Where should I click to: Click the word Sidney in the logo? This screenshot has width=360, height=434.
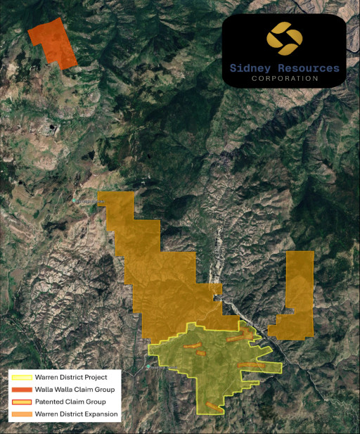click(250, 68)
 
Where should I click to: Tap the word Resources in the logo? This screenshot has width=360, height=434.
click(303, 68)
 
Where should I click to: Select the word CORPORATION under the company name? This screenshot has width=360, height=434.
click(285, 79)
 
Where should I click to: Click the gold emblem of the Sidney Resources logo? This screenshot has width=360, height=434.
click(284, 39)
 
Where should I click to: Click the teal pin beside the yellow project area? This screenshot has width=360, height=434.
click(148, 366)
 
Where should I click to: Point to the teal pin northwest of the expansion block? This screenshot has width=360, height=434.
click(75, 201)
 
